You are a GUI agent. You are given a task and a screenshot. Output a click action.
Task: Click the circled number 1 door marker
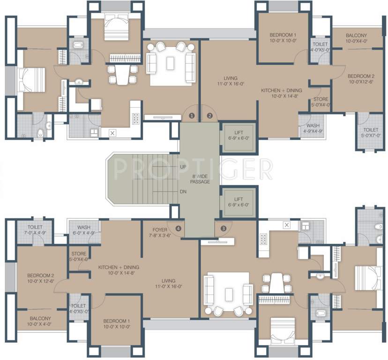(191, 115)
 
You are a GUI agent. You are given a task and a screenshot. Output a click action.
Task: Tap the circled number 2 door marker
(209, 115)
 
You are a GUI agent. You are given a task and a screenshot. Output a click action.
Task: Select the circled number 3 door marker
(224, 228)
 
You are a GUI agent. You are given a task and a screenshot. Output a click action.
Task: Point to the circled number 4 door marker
(178, 228)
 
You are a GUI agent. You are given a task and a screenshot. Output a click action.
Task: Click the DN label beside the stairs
(184, 191)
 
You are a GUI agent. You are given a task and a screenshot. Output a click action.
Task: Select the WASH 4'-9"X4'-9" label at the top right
(313, 128)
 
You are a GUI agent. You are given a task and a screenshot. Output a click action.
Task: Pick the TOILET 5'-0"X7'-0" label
(371, 133)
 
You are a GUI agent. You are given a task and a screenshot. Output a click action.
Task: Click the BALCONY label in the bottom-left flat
(40, 321)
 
